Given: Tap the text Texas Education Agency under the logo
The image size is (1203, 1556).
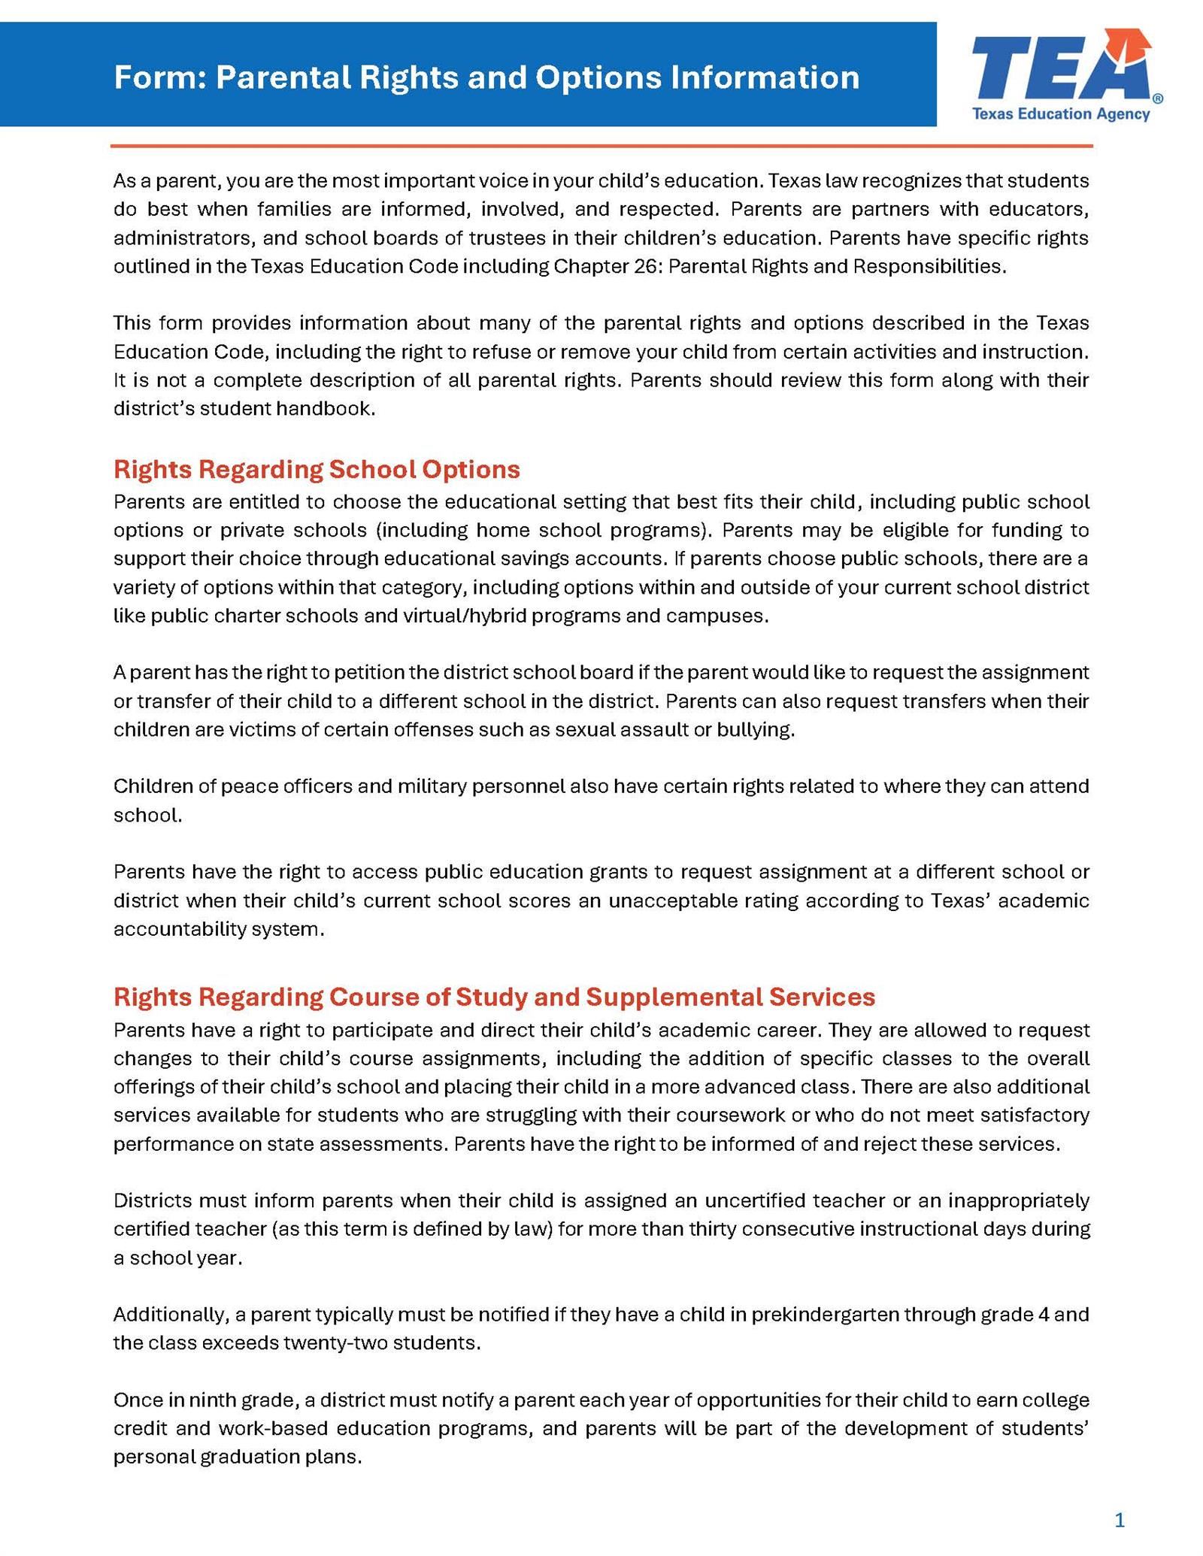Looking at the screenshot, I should click(1060, 114).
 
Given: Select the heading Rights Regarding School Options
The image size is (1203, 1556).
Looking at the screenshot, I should click(317, 469).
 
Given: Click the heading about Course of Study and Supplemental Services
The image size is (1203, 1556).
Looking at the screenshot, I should click(494, 997).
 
